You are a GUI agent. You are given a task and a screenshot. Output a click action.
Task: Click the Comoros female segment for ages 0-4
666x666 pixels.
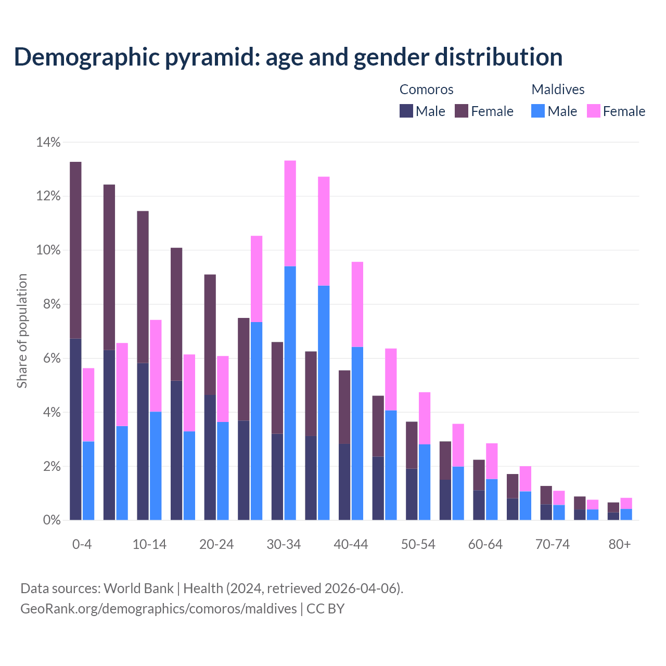(x=75, y=250)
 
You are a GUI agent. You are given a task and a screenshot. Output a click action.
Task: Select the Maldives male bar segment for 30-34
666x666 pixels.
(x=290, y=393)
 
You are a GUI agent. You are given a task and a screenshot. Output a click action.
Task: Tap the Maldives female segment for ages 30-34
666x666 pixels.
(x=290, y=213)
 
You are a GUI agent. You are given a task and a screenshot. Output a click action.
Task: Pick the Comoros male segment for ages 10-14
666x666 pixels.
(x=143, y=441)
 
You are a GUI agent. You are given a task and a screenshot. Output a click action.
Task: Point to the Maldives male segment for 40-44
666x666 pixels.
(x=357, y=433)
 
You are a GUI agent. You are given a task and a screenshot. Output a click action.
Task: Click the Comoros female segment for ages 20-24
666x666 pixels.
(x=210, y=335)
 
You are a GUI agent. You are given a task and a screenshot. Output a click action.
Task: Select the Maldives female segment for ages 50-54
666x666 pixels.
(x=425, y=418)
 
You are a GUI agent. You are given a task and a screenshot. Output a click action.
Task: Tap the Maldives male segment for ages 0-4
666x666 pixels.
(x=88, y=480)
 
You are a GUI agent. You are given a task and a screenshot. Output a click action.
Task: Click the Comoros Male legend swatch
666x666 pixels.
(x=406, y=111)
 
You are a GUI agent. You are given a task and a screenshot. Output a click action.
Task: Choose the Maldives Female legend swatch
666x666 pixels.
(x=594, y=111)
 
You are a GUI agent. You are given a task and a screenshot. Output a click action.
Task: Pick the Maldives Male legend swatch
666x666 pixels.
(x=538, y=111)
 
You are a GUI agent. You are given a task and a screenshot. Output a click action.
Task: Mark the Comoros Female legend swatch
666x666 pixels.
(x=462, y=111)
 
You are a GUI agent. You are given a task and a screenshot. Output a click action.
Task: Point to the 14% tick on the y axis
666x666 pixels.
(x=48, y=142)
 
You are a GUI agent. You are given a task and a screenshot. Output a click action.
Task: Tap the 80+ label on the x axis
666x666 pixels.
(x=620, y=544)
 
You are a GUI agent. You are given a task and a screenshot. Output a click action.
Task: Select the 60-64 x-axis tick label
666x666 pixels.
(x=485, y=544)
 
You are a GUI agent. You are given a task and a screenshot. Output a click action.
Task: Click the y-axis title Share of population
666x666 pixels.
(x=22, y=331)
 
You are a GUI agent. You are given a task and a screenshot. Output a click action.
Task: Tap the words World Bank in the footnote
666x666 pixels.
(x=138, y=588)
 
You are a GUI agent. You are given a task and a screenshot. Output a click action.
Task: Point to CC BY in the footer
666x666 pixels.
(x=325, y=609)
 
